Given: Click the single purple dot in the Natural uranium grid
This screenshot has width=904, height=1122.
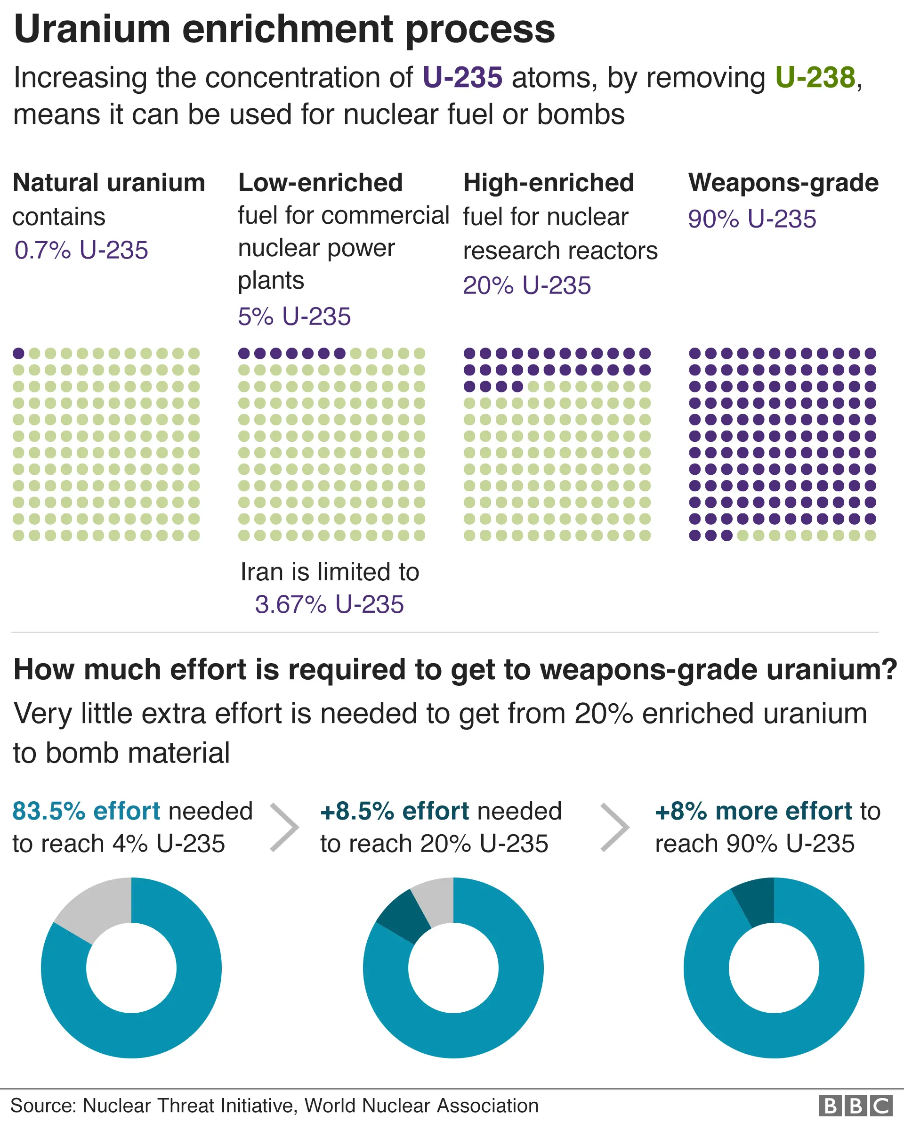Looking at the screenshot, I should click(x=18, y=353).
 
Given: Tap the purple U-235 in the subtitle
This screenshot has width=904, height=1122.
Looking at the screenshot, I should click(x=462, y=78).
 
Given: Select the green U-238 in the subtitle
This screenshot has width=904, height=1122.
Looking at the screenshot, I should click(x=815, y=78).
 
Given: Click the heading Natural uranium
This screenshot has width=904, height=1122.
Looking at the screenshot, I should click(x=109, y=183).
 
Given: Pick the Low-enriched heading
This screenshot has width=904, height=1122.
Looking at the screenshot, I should click(x=320, y=183).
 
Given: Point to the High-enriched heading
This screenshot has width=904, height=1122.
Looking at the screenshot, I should click(x=549, y=183).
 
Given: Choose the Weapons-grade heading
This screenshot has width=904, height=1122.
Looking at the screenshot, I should click(x=783, y=183).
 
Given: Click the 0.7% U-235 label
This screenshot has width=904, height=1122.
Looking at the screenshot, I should click(x=81, y=251).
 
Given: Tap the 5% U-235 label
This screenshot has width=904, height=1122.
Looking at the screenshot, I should click(x=294, y=317).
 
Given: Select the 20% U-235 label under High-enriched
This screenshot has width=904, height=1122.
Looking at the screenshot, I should click(x=526, y=286).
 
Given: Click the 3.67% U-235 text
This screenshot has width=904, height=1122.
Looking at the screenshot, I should click(x=329, y=605).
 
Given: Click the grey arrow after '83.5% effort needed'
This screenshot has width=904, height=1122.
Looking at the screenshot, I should click(x=285, y=827).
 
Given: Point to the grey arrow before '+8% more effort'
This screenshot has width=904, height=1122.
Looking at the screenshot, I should click(x=615, y=827).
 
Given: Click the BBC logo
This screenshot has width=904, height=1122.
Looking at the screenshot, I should click(x=856, y=1106).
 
